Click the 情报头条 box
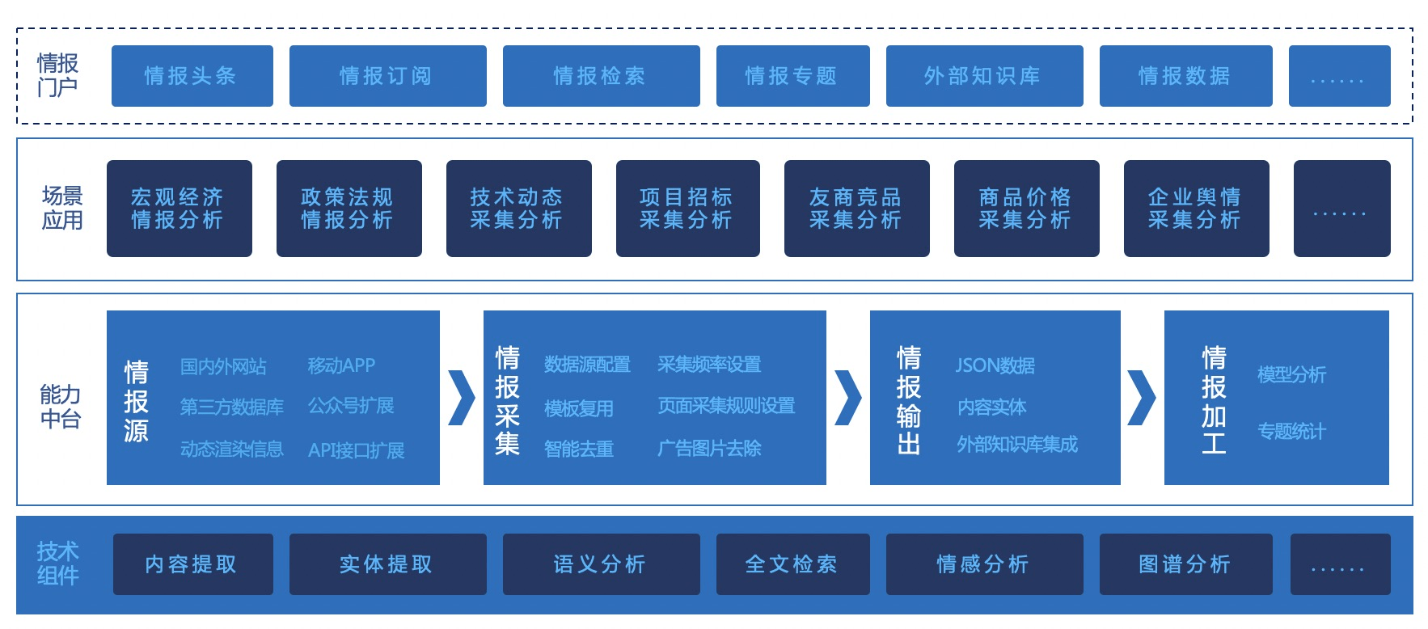pyautogui.click(x=192, y=76)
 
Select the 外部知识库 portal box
pyautogui.click(x=984, y=76)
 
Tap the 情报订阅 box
pyautogui.click(x=387, y=76)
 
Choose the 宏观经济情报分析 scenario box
pyautogui.click(x=179, y=209)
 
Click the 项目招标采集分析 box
pyautogui.click(x=687, y=209)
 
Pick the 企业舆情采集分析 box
pyautogui.click(x=1196, y=209)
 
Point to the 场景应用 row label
pyautogui.click(x=62, y=208)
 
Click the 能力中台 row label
pyautogui.click(x=61, y=406)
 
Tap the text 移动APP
pyautogui.click(x=341, y=365)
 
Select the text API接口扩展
pyautogui.click(x=356, y=450)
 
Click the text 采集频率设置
pyautogui.click(x=709, y=365)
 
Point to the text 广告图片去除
pyautogui.click(x=709, y=448)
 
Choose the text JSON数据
pyautogui.click(x=995, y=365)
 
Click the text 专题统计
pyautogui.click(x=1291, y=431)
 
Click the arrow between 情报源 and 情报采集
pyautogui.click(x=461, y=398)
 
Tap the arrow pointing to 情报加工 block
pyautogui.click(x=1141, y=398)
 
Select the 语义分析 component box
pyautogui.click(x=601, y=564)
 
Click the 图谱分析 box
pyautogui.click(x=1185, y=564)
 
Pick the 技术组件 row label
pyautogui.click(x=58, y=564)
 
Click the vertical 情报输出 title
pyautogui.click(x=909, y=400)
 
